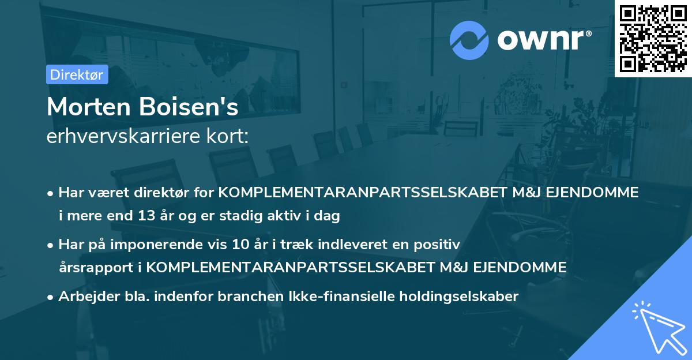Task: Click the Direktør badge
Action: pyautogui.click(x=77, y=74)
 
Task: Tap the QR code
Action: pyautogui.click(x=653, y=38)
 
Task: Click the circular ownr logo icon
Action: pyautogui.click(x=469, y=40)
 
